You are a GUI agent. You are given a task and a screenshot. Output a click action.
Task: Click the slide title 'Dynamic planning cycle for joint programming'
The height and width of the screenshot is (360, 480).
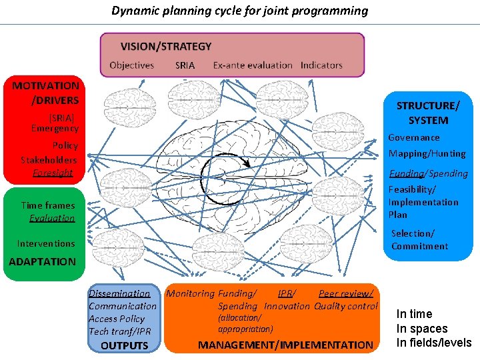pos(239,11)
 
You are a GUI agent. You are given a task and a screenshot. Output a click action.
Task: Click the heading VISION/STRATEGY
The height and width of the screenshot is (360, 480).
pos(166,47)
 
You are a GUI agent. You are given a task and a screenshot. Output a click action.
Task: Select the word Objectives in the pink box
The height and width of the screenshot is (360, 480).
pos(131,65)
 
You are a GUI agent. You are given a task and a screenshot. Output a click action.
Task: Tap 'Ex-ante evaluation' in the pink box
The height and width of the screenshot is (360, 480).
pos(253,65)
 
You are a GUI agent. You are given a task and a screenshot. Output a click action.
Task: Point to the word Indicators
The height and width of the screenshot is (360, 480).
pos(321,65)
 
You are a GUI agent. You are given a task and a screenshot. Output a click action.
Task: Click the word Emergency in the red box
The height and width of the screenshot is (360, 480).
pos(55,128)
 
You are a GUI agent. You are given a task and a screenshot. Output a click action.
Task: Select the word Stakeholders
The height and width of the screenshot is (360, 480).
pos(49,160)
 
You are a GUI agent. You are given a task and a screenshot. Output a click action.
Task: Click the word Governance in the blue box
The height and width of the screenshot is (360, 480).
pos(414,137)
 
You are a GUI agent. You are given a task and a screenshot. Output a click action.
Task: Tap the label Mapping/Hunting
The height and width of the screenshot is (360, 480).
pos(427,153)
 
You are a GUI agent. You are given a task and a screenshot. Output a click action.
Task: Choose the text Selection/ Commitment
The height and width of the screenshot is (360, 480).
pos(419,240)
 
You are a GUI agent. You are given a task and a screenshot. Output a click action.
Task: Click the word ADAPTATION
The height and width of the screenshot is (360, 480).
pos(43,261)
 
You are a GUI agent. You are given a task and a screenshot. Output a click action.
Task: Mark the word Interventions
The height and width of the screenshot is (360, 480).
pos(46,243)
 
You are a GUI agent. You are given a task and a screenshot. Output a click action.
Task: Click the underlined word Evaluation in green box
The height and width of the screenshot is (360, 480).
pos(52,218)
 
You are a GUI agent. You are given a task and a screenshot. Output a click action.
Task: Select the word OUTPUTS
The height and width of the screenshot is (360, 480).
pos(124,345)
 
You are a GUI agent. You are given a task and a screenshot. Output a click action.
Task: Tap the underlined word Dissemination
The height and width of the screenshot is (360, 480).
pos(119,293)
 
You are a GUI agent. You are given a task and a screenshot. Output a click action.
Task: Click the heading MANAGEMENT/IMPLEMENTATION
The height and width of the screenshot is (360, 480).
pos(286,345)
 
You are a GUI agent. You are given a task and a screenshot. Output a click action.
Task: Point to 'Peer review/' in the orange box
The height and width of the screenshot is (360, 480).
pos(345,293)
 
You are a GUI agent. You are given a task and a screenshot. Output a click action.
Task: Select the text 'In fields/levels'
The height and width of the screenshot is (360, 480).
pos(433,343)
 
